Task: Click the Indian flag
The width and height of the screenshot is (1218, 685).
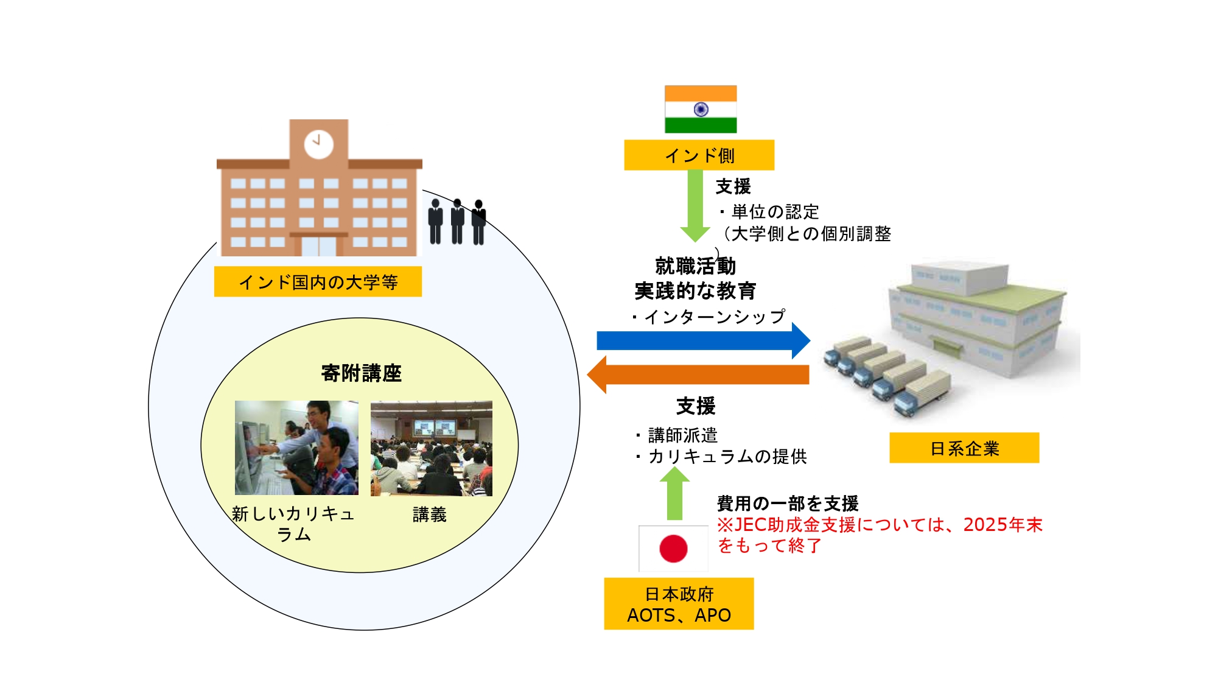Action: tap(701, 109)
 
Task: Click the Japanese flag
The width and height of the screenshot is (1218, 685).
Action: tap(673, 548)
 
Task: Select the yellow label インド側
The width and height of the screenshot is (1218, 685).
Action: tap(699, 155)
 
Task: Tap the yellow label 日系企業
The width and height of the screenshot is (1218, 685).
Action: tap(964, 448)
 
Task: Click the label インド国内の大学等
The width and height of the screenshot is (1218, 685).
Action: tap(318, 282)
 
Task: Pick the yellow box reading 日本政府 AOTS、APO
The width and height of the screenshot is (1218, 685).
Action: tap(679, 604)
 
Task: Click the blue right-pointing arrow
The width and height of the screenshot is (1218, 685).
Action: tap(703, 340)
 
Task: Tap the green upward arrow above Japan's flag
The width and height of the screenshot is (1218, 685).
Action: tap(674, 494)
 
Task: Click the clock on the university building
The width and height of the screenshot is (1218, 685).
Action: tap(318, 144)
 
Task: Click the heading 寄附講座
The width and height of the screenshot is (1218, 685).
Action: tap(361, 373)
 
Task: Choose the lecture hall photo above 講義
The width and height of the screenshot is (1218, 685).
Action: tap(431, 448)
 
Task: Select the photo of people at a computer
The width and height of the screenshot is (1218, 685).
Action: tap(296, 448)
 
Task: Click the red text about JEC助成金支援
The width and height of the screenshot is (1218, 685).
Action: tap(879, 535)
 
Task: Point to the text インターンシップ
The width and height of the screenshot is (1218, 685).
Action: tap(714, 317)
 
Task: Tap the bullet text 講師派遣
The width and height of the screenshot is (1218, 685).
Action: tap(682, 435)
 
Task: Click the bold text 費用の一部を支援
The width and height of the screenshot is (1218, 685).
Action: tap(788, 504)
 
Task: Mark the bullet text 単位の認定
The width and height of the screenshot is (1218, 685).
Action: tap(775, 212)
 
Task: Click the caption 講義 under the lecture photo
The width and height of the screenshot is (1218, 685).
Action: tap(430, 515)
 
